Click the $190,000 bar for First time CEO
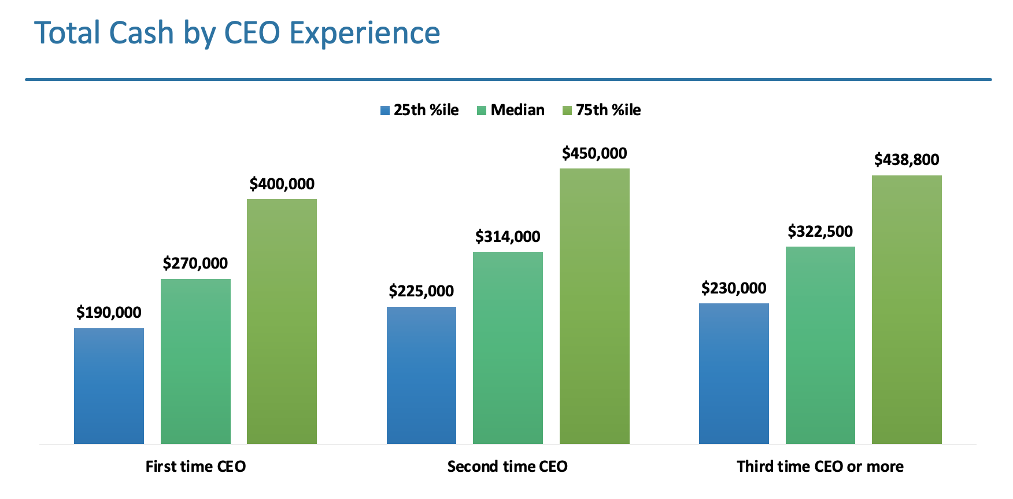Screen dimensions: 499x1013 click(x=109, y=386)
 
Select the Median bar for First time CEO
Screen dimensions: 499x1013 click(x=195, y=362)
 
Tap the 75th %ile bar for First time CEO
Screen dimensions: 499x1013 click(x=282, y=322)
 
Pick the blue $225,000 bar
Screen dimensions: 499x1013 click(x=421, y=376)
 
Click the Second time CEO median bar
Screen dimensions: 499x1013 click(x=508, y=348)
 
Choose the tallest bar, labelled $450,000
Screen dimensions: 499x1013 click(x=594, y=306)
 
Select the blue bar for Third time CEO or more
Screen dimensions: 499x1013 click(x=734, y=374)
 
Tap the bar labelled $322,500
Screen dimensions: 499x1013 click(x=820, y=346)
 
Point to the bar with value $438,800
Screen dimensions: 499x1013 click(x=907, y=310)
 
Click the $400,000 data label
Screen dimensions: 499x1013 click(x=282, y=184)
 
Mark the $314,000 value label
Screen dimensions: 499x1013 click(x=508, y=237)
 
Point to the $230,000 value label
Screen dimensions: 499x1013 click(x=734, y=288)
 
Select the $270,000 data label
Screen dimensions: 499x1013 click(x=195, y=263)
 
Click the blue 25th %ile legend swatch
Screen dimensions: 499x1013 click(x=385, y=111)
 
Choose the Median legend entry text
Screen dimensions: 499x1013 click(x=517, y=110)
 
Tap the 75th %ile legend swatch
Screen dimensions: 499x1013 click(x=567, y=111)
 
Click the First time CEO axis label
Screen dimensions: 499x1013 click(x=195, y=467)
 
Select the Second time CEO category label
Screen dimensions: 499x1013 click(x=508, y=467)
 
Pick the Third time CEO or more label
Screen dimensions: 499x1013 click(x=820, y=467)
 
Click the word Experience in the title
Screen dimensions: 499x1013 click(x=364, y=33)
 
